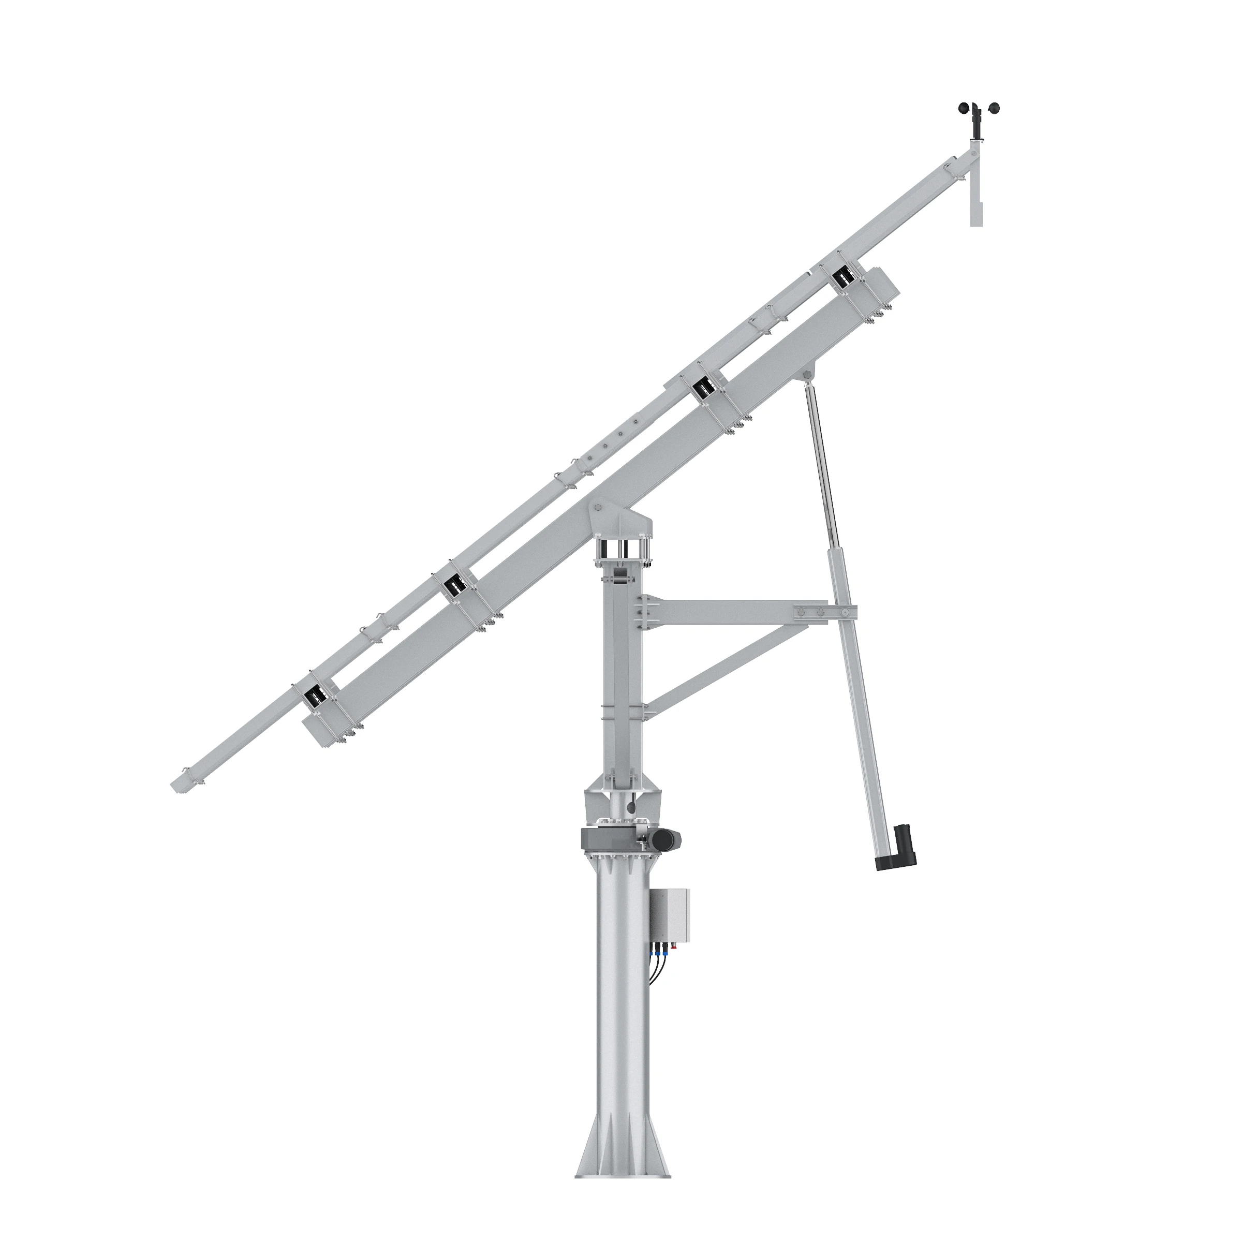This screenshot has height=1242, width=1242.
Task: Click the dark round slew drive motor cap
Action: click(669, 839)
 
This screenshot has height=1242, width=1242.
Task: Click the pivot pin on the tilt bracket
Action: click(599, 508)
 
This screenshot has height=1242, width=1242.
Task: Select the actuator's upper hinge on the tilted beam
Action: click(808, 374)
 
